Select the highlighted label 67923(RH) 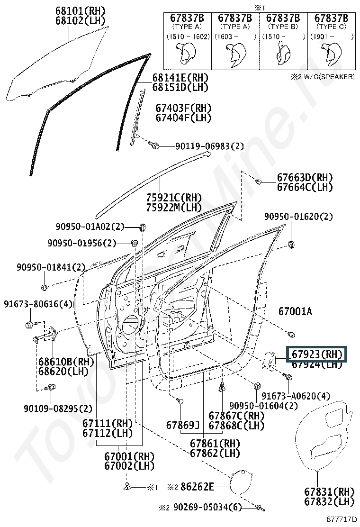316,354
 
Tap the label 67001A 295,311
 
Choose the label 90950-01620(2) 298,217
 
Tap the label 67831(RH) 330,491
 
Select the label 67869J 183,425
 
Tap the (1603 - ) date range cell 235,36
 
